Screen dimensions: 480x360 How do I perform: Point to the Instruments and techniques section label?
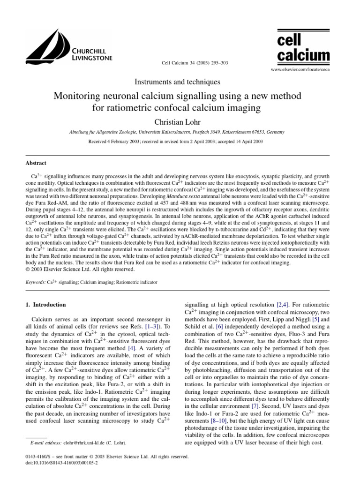click(x=177, y=82)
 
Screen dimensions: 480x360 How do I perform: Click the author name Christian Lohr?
click(x=177, y=122)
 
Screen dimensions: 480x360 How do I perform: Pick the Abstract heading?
click(x=36, y=163)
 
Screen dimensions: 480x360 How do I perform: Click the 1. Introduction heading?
click(x=45, y=305)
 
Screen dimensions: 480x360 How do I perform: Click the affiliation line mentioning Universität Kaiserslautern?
click(x=177, y=133)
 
